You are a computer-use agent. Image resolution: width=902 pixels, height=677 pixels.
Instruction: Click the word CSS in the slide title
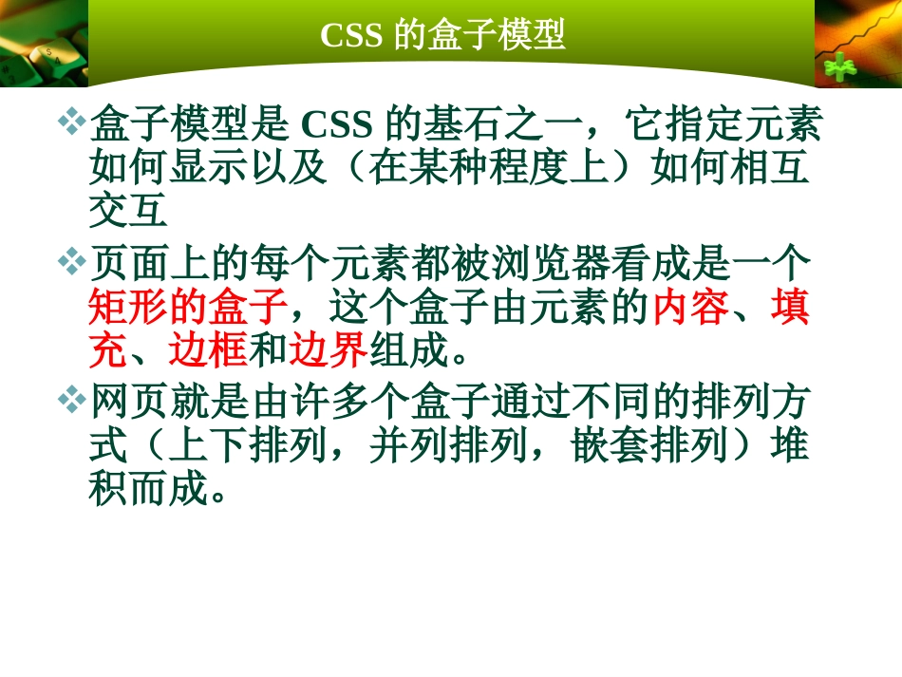coord(351,35)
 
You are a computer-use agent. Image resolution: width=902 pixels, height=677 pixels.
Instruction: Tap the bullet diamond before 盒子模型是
coord(72,122)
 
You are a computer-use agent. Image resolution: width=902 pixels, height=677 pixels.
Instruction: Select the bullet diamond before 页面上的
coord(72,260)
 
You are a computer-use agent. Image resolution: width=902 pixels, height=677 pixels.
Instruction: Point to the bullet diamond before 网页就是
coord(72,399)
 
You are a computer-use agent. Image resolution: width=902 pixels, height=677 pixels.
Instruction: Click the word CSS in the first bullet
coord(340,124)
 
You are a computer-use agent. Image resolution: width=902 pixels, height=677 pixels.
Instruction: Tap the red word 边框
coord(208,352)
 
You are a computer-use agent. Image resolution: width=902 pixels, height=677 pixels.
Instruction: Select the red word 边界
coord(328,352)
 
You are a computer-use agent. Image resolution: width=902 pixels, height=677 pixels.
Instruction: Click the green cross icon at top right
coord(839,68)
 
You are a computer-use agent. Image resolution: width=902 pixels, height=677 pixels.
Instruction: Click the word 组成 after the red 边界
coord(407,352)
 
